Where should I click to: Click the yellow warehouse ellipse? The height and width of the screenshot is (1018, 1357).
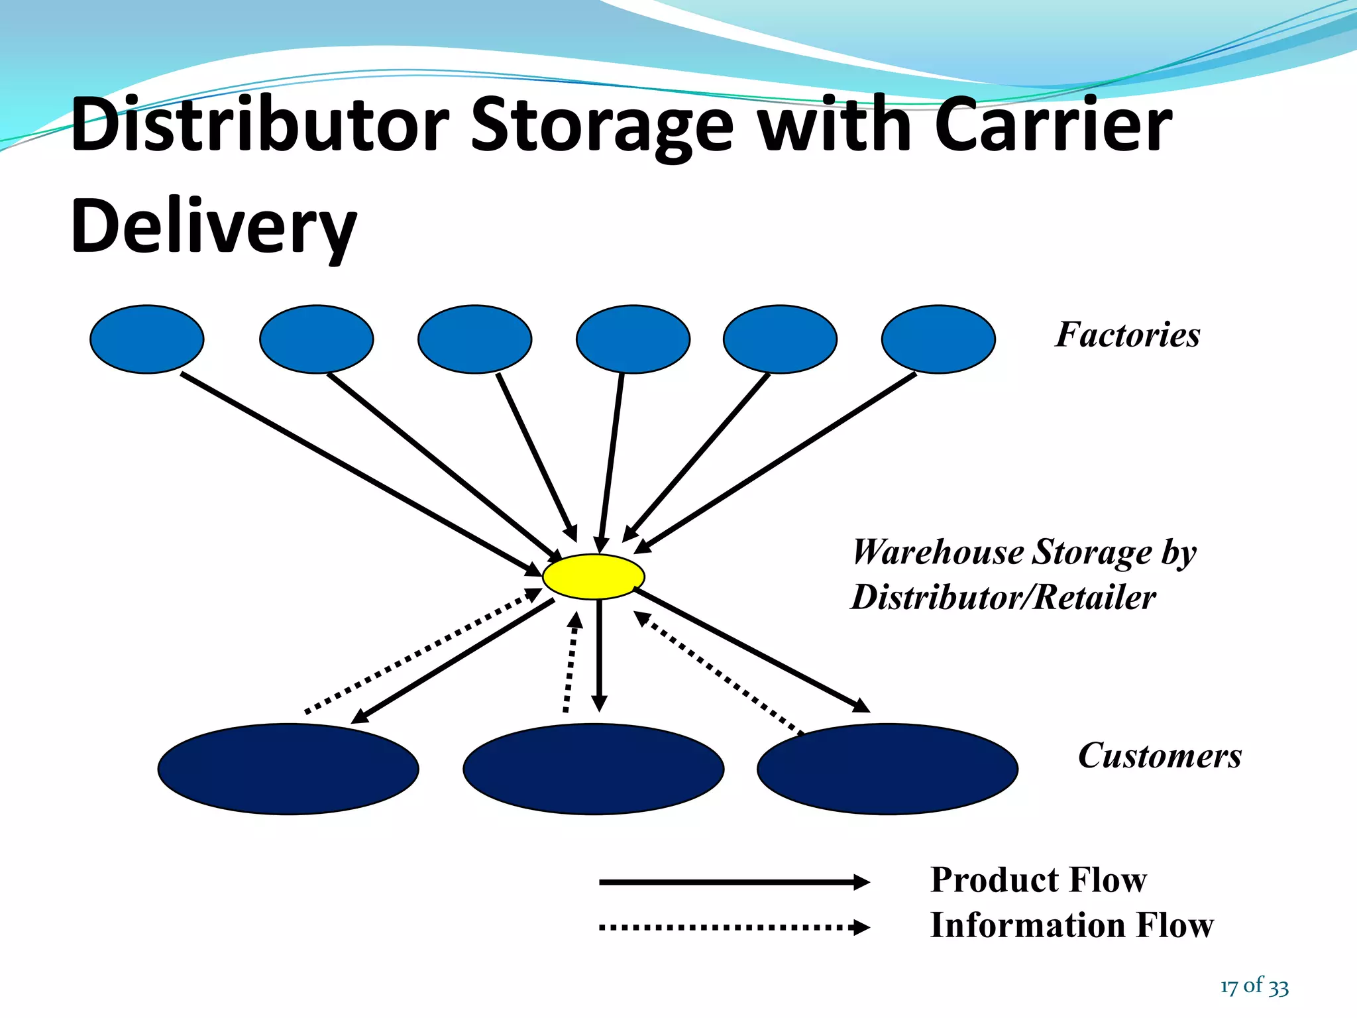(593, 577)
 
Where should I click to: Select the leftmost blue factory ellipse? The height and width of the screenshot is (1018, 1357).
(146, 339)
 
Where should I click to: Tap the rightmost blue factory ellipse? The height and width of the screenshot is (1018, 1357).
(938, 339)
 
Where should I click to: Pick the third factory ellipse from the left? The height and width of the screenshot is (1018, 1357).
(474, 339)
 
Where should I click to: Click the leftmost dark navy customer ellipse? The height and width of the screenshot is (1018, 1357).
(288, 769)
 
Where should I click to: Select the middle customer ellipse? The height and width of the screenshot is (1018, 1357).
(593, 769)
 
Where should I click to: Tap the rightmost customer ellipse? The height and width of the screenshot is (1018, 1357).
(887, 769)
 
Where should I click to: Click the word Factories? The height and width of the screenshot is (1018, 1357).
(1128, 335)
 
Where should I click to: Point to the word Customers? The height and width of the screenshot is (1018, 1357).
(1160, 756)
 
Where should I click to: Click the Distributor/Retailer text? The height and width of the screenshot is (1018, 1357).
(1003, 597)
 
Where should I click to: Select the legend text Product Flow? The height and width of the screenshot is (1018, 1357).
(1038, 880)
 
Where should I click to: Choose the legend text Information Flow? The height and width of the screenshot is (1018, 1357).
(1071, 925)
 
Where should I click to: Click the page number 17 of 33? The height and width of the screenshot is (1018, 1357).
(1254, 986)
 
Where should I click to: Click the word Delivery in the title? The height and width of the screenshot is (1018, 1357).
(213, 227)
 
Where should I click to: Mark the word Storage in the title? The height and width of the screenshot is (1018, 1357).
(602, 126)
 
